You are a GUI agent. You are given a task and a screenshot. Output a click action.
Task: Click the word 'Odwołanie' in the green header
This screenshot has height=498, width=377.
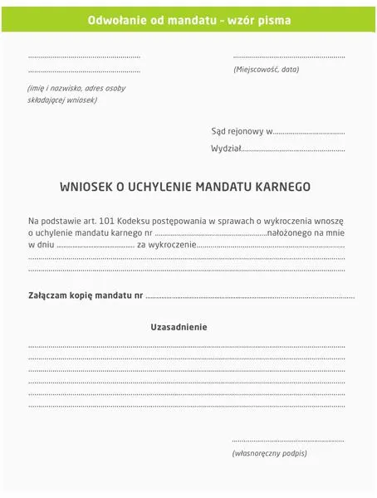(x=114, y=19)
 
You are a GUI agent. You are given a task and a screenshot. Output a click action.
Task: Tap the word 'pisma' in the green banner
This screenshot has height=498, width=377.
(x=274, y=19)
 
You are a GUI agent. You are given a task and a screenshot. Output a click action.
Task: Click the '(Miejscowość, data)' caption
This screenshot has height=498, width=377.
(x=266, y=70)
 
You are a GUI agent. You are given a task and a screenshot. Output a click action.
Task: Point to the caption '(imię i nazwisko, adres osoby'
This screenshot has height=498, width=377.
(x=76, y=88)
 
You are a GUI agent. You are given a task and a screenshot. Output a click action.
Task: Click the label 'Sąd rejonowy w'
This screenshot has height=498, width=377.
(x=241, y=131)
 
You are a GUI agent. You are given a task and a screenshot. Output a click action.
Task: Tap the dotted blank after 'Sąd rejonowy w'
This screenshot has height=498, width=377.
(x=308, y=132)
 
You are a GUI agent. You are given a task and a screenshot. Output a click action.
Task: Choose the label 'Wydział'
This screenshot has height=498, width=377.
(x=225, y=149)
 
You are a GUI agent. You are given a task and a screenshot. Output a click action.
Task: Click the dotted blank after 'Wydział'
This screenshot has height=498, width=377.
(x=292, y=150)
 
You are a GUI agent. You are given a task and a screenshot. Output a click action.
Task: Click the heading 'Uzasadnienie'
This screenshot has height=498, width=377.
(x=179, y=327)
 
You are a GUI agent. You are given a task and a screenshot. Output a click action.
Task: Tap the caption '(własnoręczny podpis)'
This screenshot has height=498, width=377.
(x=269, y=453)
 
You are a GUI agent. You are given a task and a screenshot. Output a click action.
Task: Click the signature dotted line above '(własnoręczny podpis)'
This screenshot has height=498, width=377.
(x=287, y=440)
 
